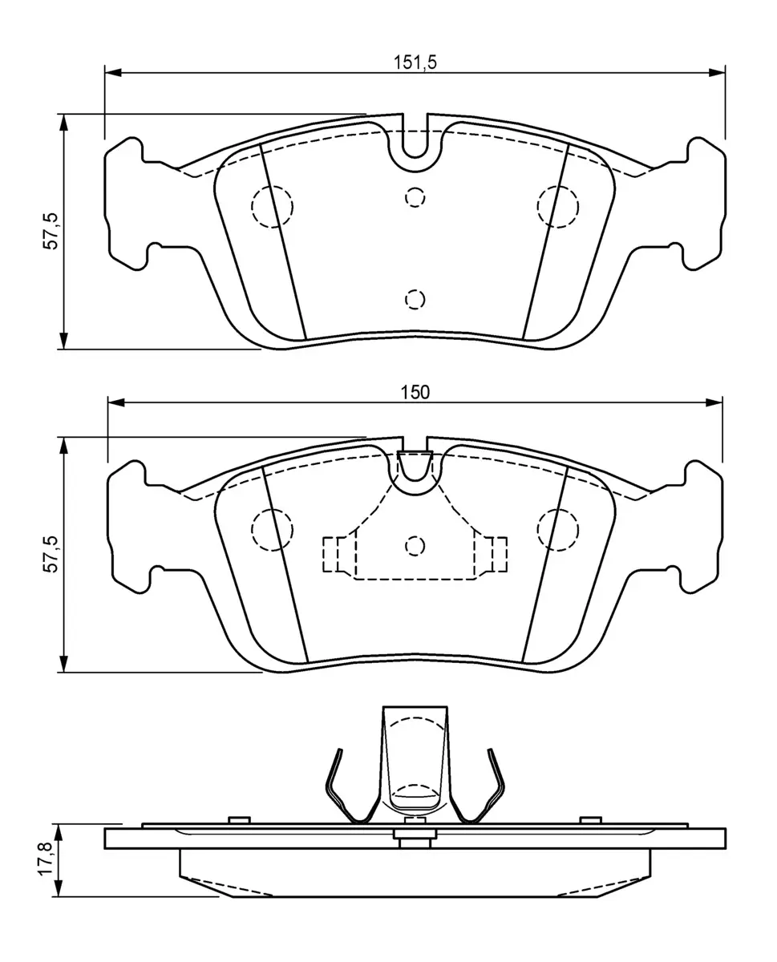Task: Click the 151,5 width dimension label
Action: [x=415, y=63]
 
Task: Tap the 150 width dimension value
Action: [x=415, y=393]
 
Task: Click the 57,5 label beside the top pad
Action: [x=51, y=231]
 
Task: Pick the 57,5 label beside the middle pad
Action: [x=51, y=554]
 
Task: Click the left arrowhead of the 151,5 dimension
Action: [x=113, y=72]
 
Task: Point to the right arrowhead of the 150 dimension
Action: [x=714, y=402]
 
